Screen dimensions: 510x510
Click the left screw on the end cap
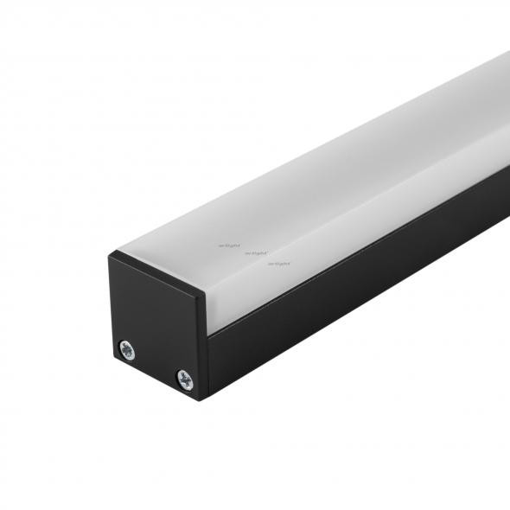128,348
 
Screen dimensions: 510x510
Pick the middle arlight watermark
255,253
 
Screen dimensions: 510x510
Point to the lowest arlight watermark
278,263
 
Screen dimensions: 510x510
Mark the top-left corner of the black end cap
110,253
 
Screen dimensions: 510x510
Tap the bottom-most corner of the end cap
204,399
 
